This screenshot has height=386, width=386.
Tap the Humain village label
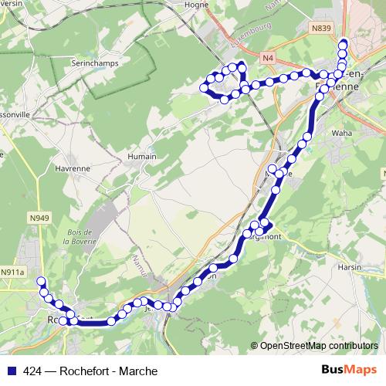click(142, 156)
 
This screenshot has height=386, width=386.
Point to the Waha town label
click(340, 133)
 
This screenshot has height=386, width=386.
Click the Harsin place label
click(350, 267)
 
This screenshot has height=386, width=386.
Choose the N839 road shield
click(322, 29)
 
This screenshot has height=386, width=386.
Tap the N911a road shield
click(12, 273)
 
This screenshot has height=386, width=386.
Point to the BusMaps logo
click(344, 370)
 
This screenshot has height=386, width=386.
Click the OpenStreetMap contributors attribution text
click(320, 345)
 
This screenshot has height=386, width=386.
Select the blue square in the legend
click(11, 371)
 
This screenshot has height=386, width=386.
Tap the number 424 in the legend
click(32, 371)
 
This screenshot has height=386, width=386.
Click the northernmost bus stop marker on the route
click(343, 45)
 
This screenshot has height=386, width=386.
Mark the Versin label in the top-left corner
click(12, 2)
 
